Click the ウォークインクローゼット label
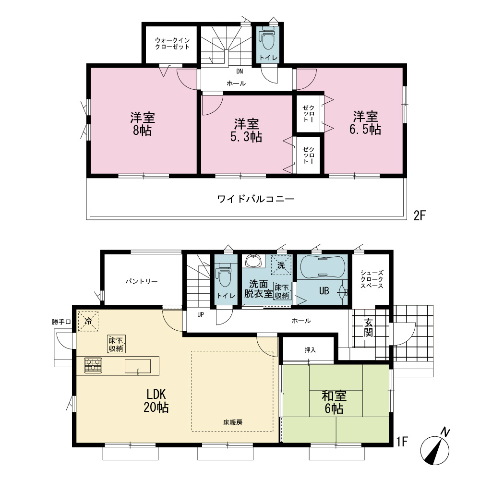click(x=172, y=44)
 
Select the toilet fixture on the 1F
click(x=226, y=275)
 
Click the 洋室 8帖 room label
click(x=143, y=124)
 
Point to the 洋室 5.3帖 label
click(x=246, y=131)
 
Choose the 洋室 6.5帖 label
click(x=365, y=123)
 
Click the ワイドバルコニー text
click(x=256, y=199)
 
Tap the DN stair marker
click(x=240, y=72)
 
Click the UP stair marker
click(x=201, y=314)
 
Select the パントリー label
click(x=142, y=281)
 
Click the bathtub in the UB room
click(x=323, y=266)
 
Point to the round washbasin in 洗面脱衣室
click(x=253, y=262)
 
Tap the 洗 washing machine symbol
click(x=281, y=265)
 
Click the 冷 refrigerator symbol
click(x=88, y=321)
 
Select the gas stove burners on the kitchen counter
click(x=93, y=365)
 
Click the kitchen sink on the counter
click(x=138, y=366)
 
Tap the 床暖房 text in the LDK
click(x=233, y=422)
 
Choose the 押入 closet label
click(x=310, y=349)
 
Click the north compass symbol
click(x=435, y=447)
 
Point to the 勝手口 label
click(x=61, y=322)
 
